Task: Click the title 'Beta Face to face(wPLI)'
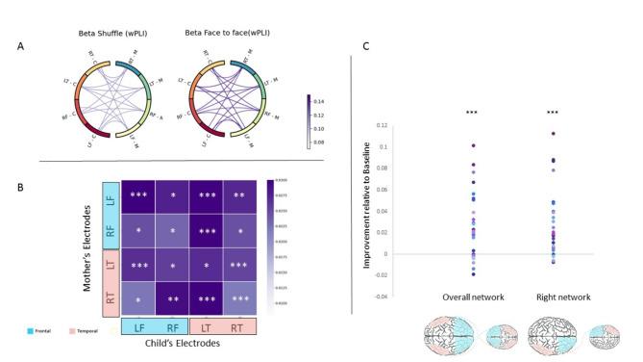point(226,35)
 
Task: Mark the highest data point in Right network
point(554,134)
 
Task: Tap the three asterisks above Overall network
point(472,114)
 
